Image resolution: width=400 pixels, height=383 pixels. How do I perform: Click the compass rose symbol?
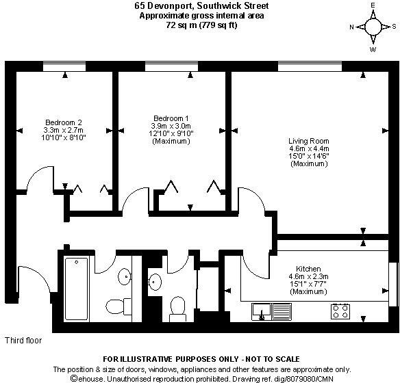[x=373, y=27]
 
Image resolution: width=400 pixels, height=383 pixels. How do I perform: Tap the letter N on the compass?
[x=351, y=27]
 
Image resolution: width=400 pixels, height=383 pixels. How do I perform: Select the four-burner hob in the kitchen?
[x=341, y=311]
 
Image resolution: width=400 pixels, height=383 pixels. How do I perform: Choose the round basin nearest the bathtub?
[x=125, y=277]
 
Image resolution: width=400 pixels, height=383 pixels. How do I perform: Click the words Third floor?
[x=23, y=340]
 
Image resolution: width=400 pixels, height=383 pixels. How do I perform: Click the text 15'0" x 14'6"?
[x=304, y=157]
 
